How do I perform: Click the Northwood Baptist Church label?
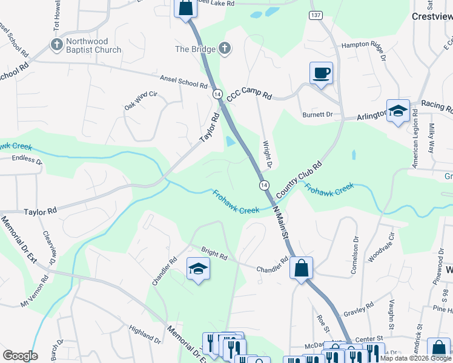[x=94, y=45]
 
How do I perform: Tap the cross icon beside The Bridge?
[x=224, y=48]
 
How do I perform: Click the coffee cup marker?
[x=321, y=73]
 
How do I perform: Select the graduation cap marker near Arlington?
[x=398, y=111]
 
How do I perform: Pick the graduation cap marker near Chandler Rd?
[x=198, y=269]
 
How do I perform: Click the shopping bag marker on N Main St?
[x=301, y=267]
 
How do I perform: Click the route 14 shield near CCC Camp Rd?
[x=217, y=94]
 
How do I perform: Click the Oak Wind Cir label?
[x=141, y=99]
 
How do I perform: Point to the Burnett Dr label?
[x=317, y=114]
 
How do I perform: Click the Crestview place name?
[x=432, y=17]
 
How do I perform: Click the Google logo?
[x=20, y=356]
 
